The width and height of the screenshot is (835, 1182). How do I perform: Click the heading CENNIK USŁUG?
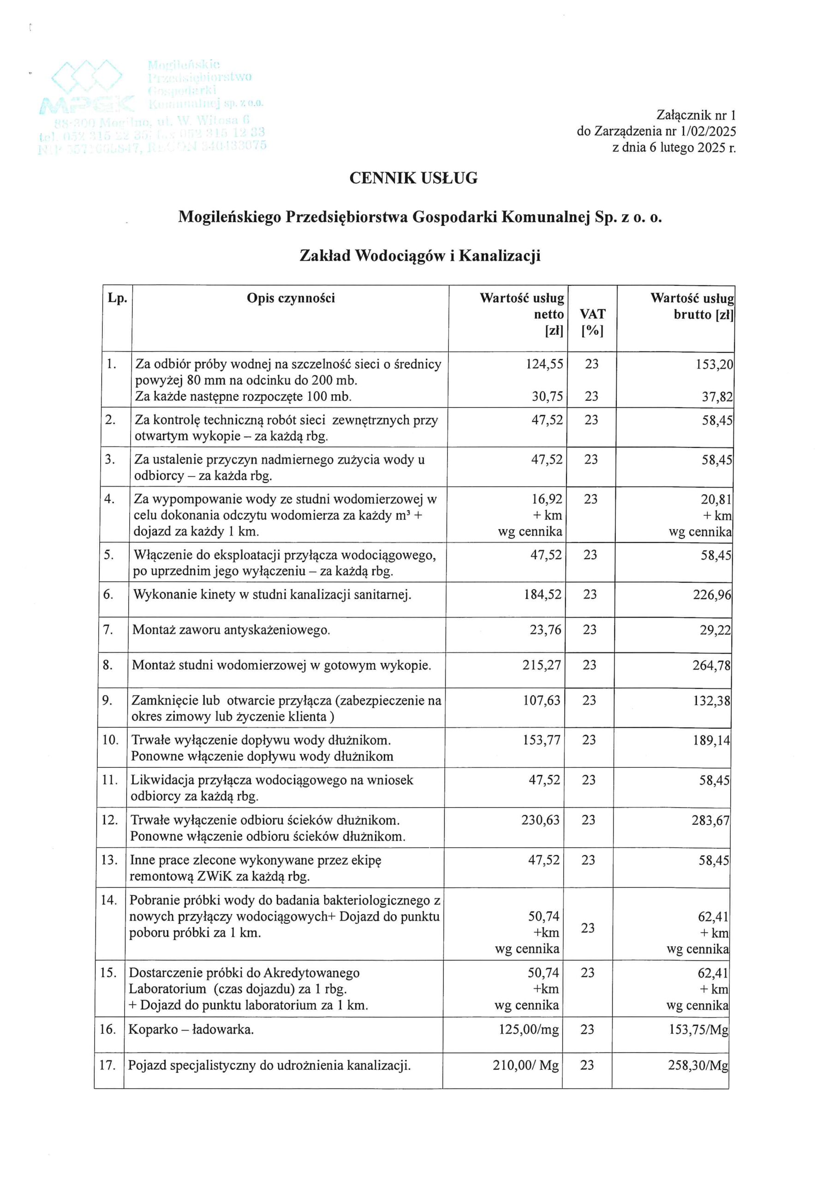(413, 178)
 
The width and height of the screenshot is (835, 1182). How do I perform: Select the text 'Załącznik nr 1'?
(696, 115)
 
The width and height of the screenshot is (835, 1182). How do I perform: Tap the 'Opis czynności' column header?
(291, 298)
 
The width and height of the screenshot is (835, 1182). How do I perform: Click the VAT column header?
(592, 314)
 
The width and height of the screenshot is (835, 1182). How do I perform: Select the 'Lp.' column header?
(117, 298)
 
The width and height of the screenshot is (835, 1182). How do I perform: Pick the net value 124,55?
(544, 364)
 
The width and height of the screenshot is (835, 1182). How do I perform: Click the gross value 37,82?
(716, 397)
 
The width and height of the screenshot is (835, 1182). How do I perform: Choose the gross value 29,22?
(715, 630)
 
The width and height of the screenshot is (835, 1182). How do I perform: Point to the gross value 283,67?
(710, 820)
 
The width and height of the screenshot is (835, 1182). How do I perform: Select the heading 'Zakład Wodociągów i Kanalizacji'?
(420, 256)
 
